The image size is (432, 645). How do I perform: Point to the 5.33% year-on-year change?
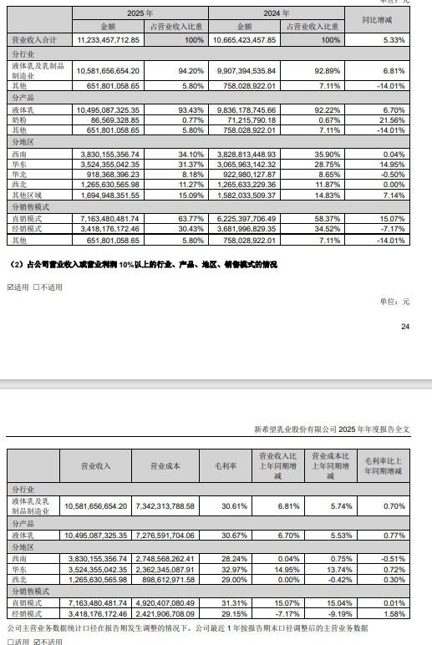pos(392,40)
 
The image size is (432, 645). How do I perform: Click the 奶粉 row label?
pos(21,120)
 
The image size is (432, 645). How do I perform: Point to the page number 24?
pos(405,327)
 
